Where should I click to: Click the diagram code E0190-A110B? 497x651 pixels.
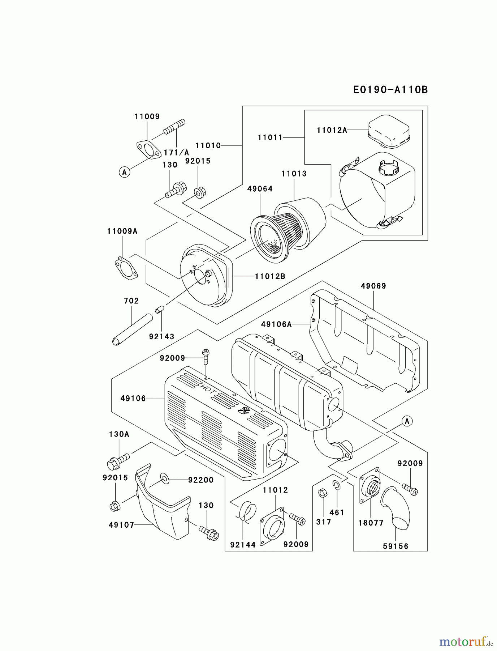tap(390, 90)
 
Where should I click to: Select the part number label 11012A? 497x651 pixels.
tap(332, 130)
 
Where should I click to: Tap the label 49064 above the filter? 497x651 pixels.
tap(260, 189)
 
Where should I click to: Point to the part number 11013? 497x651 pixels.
tap(294, 174)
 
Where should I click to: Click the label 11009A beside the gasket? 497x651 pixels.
tap(122, 231)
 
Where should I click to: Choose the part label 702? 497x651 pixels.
tap(131, 301)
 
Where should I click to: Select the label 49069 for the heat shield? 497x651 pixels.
tap(373, 286)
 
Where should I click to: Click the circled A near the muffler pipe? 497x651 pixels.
tap(407, 421)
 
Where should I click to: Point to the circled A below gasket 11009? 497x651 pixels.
tap(124, 172)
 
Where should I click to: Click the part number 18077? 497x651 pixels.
tap(371, 523)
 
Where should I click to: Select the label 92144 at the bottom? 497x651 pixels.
tap(243, 544)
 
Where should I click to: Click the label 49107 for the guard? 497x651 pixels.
tap(121, 525)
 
